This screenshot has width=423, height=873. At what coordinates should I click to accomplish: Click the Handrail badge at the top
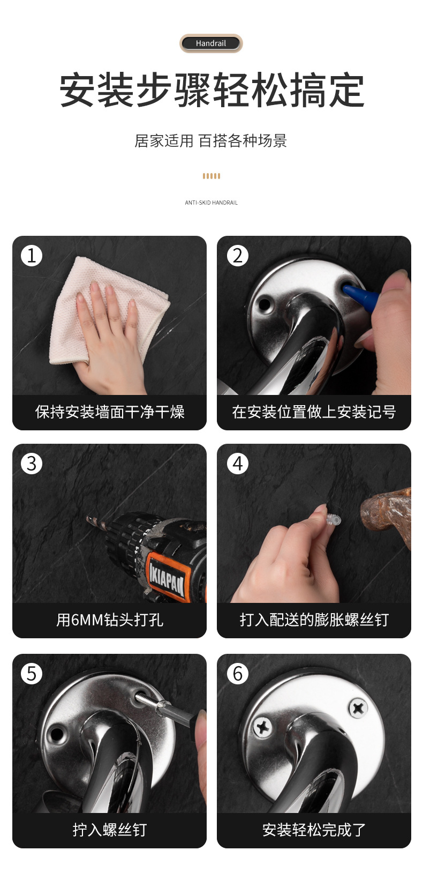click(211, 43)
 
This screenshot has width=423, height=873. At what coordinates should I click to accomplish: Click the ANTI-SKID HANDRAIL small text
click(211, 203)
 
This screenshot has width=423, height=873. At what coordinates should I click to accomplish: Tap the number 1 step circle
click(32, 256)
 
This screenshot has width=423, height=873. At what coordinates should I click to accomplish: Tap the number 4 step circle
click(238, 464)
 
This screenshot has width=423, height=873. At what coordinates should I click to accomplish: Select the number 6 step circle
click(238, 674)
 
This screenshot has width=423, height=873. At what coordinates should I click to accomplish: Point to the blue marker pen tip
click(345, 289)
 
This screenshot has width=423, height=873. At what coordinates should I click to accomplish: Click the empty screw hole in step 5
click(57, 734)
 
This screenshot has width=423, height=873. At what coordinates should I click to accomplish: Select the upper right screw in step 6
click(358, 708)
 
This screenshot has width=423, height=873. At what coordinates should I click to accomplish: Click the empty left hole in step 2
click(265, 304)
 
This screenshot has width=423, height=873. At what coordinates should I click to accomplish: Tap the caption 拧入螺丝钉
click(109, 830)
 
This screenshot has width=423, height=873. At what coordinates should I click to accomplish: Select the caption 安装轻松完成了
click(314, 830)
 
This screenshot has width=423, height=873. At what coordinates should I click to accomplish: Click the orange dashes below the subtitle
click(211, 176)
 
